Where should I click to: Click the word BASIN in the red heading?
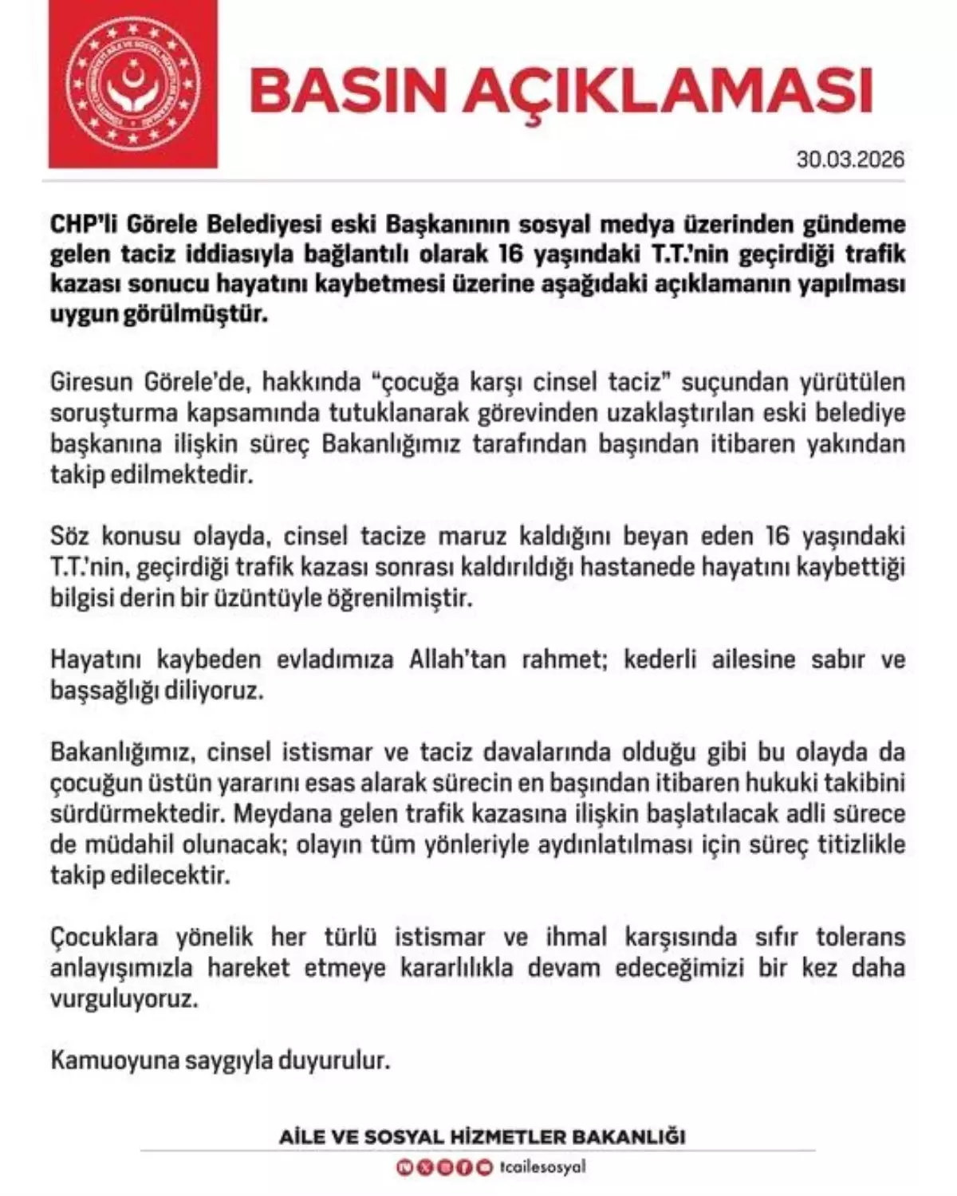(349, 93)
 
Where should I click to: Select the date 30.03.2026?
(850, 159)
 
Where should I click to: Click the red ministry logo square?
(132, 84)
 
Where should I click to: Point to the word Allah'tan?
(457, 660)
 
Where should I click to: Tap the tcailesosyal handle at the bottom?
(542, 1167)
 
